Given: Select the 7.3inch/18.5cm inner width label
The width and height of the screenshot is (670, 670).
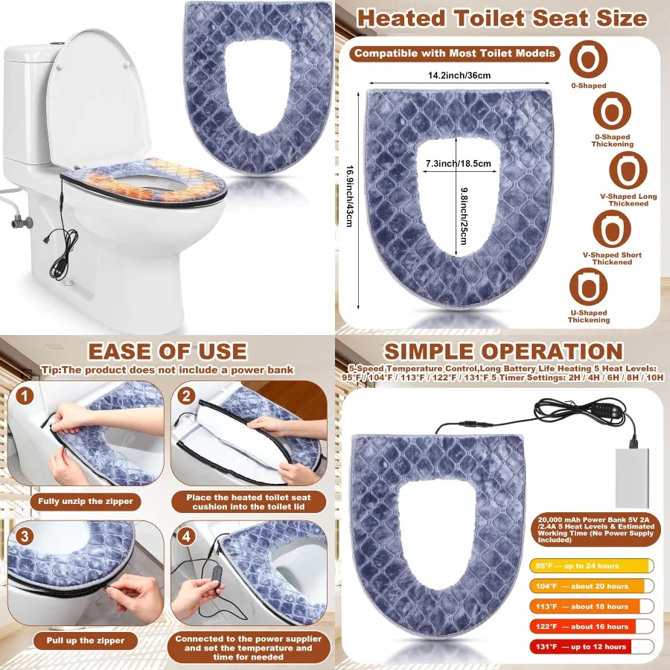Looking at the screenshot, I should click(459, 163).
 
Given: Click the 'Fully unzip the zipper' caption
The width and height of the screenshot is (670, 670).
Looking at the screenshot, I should click(86, 501).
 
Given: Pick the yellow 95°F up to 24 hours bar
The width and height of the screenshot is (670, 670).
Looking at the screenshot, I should click(591, 566).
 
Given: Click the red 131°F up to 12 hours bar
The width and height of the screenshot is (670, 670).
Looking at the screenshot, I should click(591, 646).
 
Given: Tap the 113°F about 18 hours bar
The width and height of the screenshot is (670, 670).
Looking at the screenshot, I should click(591, 606).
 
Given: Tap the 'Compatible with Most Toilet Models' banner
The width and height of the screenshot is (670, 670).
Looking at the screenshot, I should click(455, 53).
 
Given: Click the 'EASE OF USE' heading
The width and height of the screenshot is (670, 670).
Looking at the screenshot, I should click(167, 351).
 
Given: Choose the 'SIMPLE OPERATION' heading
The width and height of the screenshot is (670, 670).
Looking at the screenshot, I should click(502, 351).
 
